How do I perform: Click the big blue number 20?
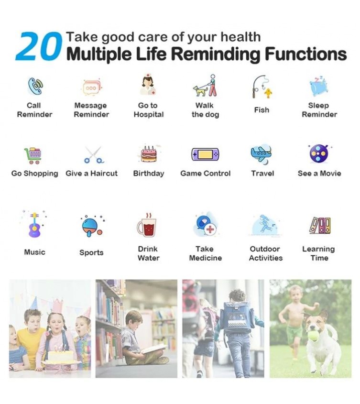tap(39, 46)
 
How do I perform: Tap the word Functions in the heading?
tap(305, 54)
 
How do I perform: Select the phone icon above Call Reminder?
tap(35, 87)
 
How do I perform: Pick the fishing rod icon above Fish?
tap(262, 87)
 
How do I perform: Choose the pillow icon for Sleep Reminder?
tap(319, 87)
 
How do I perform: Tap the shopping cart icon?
tap(33, 155)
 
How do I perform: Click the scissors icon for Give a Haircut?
tap(94, 155)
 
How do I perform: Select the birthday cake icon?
tap(149, 153)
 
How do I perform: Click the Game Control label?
tap(206, 174)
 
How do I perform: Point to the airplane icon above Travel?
tap(262, 154)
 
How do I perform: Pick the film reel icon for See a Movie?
tap(319, 153)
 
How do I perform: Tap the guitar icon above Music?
tap(35, 224)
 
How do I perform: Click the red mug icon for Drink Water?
tap(147, 226)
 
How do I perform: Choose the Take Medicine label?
tap(206, 253)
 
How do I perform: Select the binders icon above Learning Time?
tap(320, 226)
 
